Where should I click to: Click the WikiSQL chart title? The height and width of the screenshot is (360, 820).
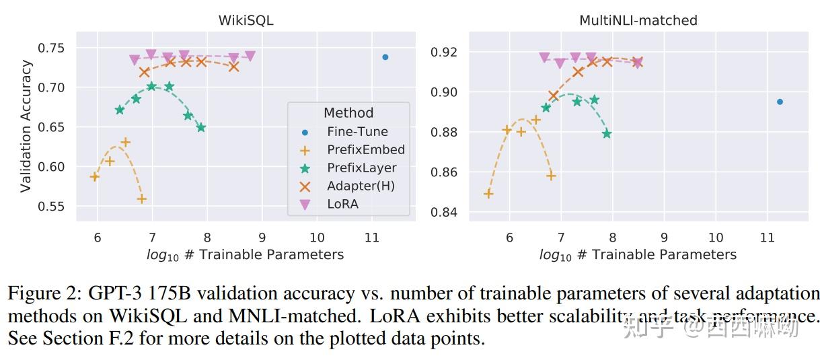246,20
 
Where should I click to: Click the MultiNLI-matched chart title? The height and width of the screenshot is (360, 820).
638,20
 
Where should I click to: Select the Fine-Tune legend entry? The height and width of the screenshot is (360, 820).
357,132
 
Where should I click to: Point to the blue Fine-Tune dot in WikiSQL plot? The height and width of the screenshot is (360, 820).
385,57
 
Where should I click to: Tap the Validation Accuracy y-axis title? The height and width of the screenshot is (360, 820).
26,126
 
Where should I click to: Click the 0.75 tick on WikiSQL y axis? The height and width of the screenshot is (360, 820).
51,48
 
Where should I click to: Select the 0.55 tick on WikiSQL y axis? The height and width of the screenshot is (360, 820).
51,207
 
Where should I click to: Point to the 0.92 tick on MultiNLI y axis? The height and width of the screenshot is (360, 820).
444,52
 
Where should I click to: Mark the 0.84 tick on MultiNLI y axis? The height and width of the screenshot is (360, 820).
444,213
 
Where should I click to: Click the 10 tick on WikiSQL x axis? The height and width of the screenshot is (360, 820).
316,237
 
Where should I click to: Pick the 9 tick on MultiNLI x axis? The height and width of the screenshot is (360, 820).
664,237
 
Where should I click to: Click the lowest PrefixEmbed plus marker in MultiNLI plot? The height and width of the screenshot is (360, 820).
488,194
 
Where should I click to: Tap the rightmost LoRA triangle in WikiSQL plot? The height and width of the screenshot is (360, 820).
250,57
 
